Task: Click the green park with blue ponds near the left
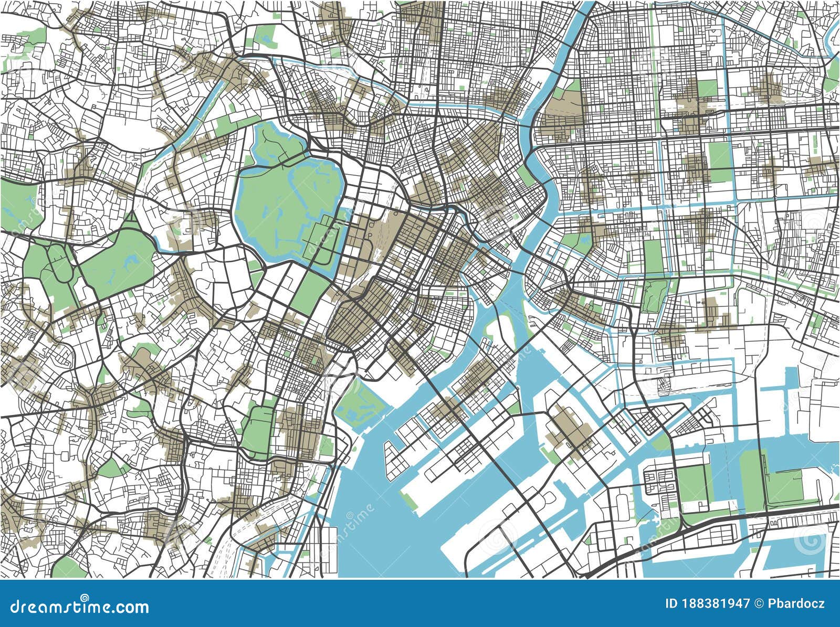pyautogui.click(x=118, y=262)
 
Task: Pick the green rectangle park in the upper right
pyautogui.click(x=719, y=155)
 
